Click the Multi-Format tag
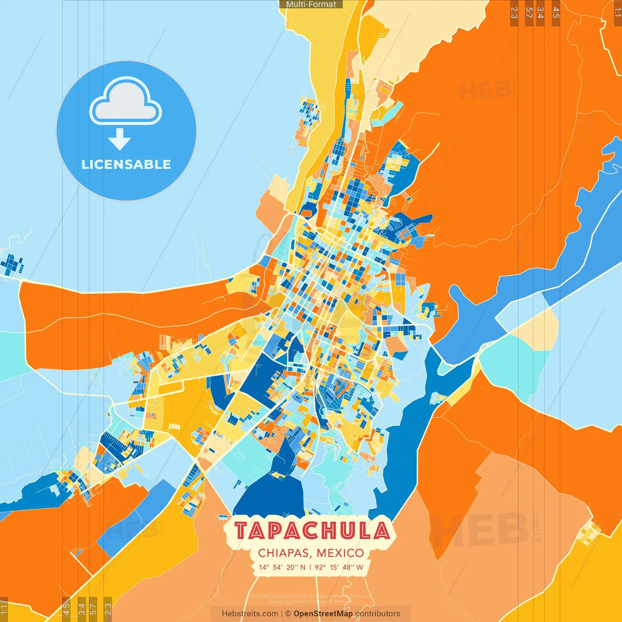tap(311, 4)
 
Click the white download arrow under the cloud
tap(120, 139)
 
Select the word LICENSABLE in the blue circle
tap(126, 164)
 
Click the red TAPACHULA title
tap(311, 531)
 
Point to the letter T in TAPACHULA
tap(242, 531)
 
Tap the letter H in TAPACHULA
tap(330, 531)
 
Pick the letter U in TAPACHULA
tap(348, 531)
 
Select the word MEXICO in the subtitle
tap(340, 553)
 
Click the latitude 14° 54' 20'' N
tap(282, 567)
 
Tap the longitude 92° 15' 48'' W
tap(339, 567)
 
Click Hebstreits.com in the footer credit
tap(250, 614)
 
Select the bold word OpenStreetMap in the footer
tap(323, 614)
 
